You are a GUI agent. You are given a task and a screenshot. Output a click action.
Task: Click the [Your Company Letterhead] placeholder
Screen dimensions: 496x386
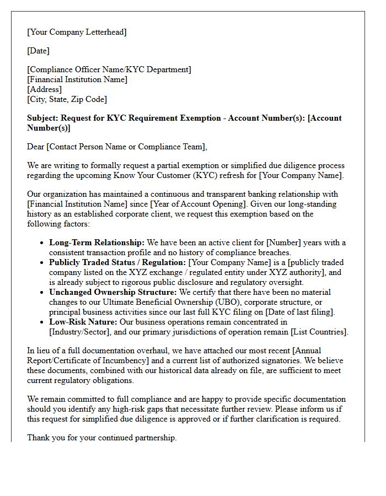77,32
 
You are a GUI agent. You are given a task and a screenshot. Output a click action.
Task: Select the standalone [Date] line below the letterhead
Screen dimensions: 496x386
38,51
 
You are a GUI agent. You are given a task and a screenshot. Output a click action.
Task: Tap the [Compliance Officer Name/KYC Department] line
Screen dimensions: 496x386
109,69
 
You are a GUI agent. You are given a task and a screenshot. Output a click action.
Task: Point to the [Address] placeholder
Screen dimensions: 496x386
44,89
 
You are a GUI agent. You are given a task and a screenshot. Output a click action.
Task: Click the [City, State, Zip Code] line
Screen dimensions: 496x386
67,99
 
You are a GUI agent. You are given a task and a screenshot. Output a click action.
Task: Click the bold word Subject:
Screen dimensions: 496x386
42,118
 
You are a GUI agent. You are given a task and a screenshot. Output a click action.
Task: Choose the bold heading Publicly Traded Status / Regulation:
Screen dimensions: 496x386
117,262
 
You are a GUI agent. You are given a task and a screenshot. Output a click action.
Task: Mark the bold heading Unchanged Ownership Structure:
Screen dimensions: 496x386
112,292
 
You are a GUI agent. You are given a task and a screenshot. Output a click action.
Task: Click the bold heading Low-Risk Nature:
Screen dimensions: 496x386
83,322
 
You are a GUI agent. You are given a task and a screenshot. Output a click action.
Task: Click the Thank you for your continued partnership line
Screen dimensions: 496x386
101,438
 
